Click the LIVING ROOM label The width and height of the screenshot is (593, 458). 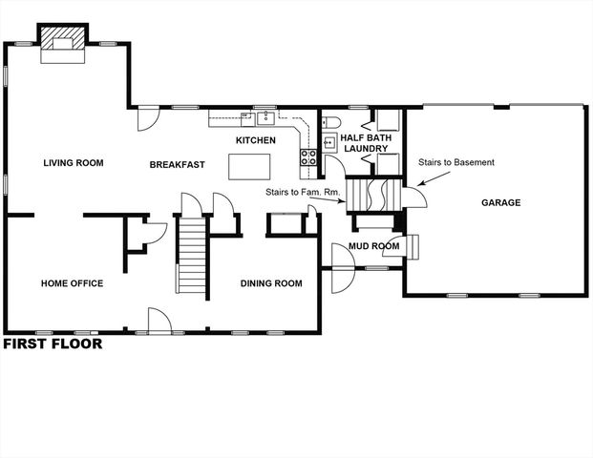click(x=73, y=163)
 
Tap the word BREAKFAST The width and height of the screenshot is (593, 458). click(x=177, y=165)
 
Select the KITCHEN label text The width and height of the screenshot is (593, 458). click(x=256, y=141)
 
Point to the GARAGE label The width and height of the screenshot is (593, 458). click(x=500, y=202)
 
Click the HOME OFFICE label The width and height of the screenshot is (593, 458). click(x=72, y=283)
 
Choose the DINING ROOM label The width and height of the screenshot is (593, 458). click(x=271, y=283)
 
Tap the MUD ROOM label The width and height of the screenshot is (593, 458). click(x=372, y=246)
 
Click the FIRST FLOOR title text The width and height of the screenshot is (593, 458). click(x=53, y=345)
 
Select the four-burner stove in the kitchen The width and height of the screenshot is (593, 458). click(x=309, y=157)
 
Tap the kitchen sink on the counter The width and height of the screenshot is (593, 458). click(x=265, y=118)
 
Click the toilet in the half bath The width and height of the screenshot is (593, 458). click(x=330, y=121)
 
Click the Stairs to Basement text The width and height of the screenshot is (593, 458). click(x=456, y=162)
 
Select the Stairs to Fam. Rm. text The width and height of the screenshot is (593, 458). click(x=298, y=195)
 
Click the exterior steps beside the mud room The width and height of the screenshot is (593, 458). click(x=413, y=246)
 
